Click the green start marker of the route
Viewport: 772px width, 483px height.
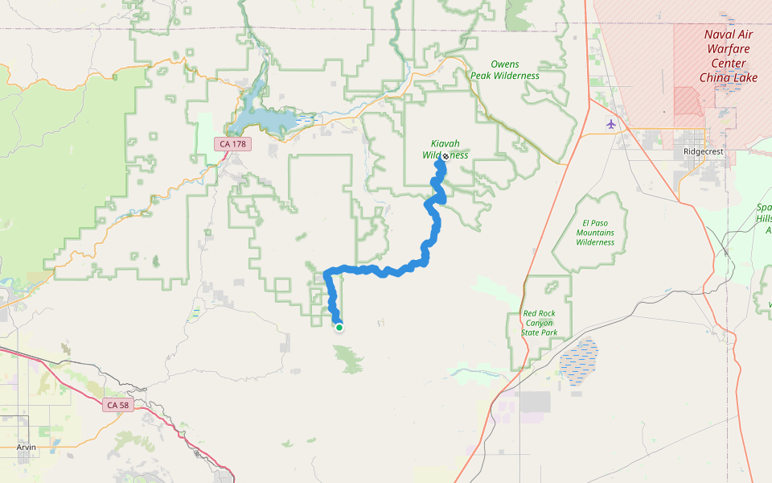coord(339,327)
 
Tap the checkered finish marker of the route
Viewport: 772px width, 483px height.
coord(445,157)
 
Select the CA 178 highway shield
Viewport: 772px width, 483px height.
coord(234,144)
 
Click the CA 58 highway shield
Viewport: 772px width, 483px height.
coord(118,405)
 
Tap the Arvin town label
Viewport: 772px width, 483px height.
coord(27,447)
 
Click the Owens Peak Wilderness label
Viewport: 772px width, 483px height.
coord(505,70)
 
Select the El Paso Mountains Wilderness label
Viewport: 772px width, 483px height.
coord(595,232)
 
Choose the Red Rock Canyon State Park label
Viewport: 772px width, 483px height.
coord(539,323)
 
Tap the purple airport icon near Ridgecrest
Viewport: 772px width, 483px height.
coord(611,124)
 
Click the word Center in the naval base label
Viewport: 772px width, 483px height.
coord(728,64)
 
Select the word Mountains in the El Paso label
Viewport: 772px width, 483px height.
coord(595,233)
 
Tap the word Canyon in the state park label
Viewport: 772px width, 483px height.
coord(539,323)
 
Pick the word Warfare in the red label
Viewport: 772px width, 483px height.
coord(728,48)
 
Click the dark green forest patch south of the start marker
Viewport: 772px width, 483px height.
coord(349,358)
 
